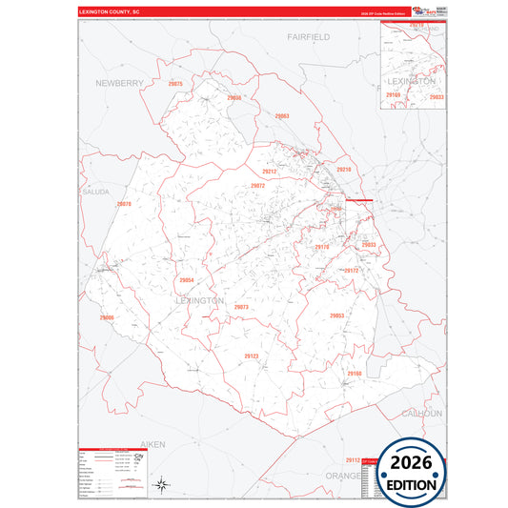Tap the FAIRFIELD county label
(308, 36)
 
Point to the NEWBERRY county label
(119, 84)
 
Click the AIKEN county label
(152, 444)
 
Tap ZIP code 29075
(174, 85)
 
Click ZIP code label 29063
(281, 116)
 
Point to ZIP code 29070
(124, 205)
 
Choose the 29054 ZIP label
(187, 280)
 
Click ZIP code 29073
(241, 307)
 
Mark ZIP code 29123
(252, 356)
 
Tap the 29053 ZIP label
(336, 315)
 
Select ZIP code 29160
(355, 373)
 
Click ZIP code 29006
(107, 317)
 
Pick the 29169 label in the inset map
(394, 96)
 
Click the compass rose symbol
(163, 484)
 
